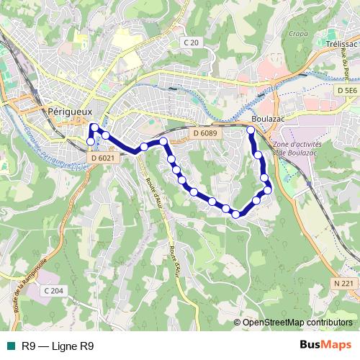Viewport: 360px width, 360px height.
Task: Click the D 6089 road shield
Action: click(x=205, y=133)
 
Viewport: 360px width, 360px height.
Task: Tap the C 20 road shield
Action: click(x=191, y=43)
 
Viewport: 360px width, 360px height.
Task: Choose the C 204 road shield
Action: click(x=53, y=290)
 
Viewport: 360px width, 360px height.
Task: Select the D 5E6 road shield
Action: click(x=346, y=90)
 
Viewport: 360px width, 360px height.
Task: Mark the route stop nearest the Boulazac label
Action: click(x=251, y=130)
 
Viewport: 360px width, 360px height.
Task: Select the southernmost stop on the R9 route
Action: click(x=235, y=214)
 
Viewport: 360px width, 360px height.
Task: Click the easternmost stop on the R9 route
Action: click(x=269, y=190)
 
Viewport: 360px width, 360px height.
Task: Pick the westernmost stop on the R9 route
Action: click(x=91, y=142)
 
